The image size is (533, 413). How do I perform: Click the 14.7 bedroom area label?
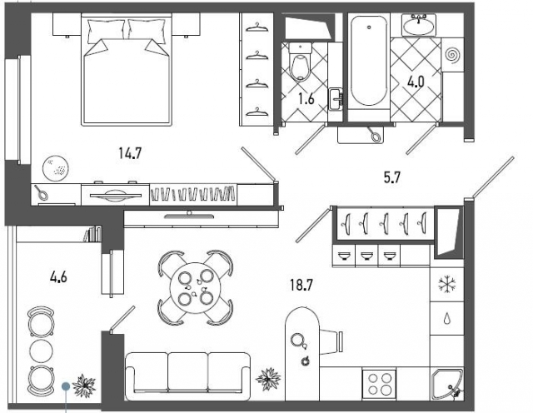tap(130, 153)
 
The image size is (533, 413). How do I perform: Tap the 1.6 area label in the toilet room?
tap(306, 99)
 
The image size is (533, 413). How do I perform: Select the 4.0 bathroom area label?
tap(416, 82)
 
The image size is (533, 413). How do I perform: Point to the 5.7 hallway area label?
tap(392, 177)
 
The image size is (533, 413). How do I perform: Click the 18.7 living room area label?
tap(301, 285)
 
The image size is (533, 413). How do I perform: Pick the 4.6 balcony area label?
tap(58, 277)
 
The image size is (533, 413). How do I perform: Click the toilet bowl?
tap(300, 62)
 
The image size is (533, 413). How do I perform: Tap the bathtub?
tap(369, 61)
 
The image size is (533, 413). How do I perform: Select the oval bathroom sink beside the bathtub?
tap(419, 24)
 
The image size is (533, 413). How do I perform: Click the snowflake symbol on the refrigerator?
tap(446, 284)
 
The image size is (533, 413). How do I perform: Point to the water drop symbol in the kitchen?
tap(446, 319)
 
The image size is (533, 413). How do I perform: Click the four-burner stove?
tap(379, 384)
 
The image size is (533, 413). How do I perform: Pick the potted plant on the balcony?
tap(84, 386)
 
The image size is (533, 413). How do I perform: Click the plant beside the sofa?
tap(268, 379)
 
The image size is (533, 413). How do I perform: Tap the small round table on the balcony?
tap(42, 351)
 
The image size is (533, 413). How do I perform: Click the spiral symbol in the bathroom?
tap(452, 54)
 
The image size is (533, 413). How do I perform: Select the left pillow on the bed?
tap(106, 31)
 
